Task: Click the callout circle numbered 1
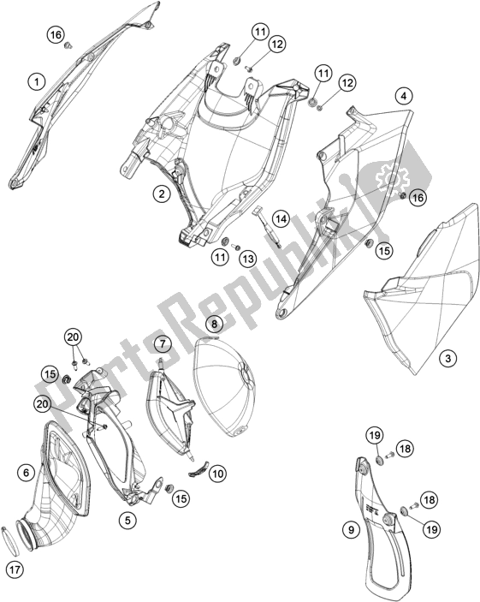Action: pyautogui.click(x=35, y=81)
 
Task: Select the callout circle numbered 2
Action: pyautogui.click(x=161, y=194)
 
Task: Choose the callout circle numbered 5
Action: pyautogui.click(x=127, y=519)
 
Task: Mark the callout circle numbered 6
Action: pyautogui.click(x=27, y=471)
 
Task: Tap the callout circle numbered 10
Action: pyautogui.click(x=218, y=472)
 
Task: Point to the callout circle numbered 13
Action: pyautogui.click(x=246, y=258)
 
